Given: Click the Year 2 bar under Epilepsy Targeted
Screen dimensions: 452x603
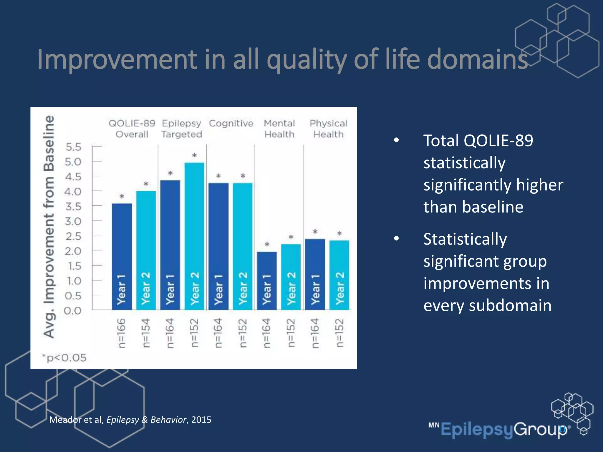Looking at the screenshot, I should tap(194, 235).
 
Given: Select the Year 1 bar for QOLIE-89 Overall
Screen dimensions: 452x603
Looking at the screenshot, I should tap(122, 256).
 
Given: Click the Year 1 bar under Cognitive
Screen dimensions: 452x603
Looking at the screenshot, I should tap(218, 246).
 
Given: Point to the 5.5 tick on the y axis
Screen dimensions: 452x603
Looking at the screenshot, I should tap(73, 147).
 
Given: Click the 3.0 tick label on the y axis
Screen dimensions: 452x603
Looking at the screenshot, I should tap(73, 221).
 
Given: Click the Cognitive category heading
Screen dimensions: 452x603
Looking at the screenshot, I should tap(231, 123).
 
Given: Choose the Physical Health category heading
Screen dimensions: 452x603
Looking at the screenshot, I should tap(328, 129).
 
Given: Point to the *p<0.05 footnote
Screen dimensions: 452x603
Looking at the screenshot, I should tap(64, 358).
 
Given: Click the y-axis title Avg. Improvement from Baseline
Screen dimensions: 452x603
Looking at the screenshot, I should tap(49, 227).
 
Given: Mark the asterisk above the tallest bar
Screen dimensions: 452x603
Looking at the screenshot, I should tap(194, 155).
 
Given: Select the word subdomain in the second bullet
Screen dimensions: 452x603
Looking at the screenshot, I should tap(510, 305).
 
